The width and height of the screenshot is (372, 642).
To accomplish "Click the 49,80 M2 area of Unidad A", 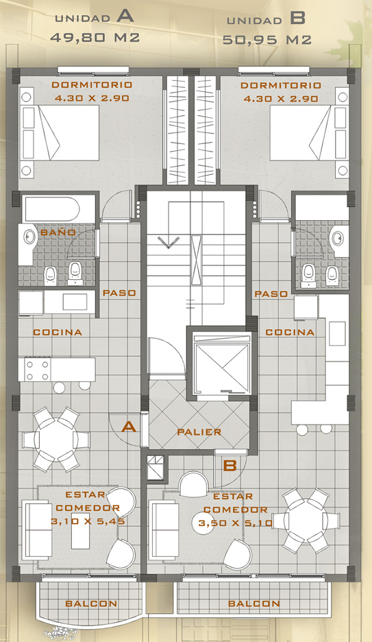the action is tap(95, 38).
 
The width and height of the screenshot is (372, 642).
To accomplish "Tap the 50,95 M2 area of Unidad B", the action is tap(267, 40).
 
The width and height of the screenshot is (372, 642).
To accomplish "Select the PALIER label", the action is tap(199, 432).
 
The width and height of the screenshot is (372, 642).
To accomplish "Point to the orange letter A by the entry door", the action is tap(129, 427).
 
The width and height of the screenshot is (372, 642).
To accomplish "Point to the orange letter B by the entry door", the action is tap(231, 465).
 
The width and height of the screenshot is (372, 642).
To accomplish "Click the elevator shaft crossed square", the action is tap(221, 365).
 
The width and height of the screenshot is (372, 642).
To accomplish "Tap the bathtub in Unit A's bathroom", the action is tap(51, 210).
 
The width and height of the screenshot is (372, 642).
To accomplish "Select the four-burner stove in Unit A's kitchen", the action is tap(37, 370).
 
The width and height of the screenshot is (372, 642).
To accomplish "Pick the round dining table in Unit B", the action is tap(306, 521).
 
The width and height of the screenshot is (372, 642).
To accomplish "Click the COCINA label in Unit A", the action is tap(58, 332).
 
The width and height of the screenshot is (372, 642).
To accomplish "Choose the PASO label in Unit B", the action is tap(271, 294).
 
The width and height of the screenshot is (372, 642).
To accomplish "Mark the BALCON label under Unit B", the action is tap(254, 604).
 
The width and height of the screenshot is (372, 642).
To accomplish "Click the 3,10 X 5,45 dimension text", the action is tap(88, 521).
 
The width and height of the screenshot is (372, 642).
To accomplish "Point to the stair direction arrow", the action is tap(169, 242).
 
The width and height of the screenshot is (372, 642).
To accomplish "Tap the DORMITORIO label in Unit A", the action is tap(92, 85).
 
